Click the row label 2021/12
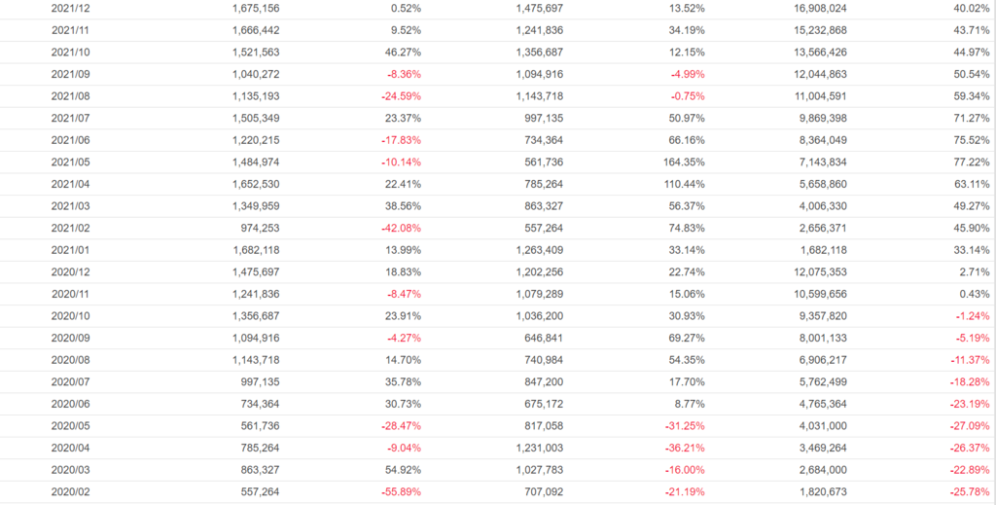pos(71,8)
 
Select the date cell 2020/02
pos(71,491)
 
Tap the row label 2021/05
pos(71,162)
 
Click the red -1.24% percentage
pos(970,315)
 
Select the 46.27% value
pos(402,52)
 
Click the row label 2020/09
pos(71,338)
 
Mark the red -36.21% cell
pos(683,448)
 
